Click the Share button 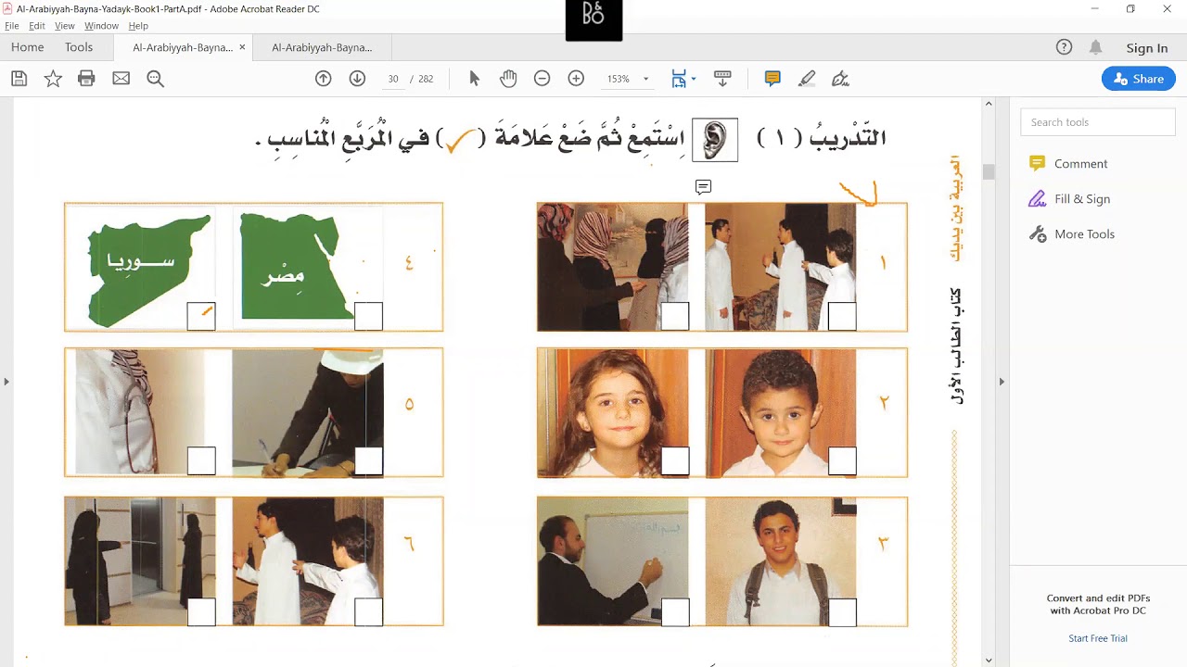tap(1139, 79)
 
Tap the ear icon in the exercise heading tap(715, 140)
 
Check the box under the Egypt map tap(368, 316)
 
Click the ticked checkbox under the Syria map tap(201, 316)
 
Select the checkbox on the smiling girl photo tap(675, 460)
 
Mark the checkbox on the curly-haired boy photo tap(842, 460)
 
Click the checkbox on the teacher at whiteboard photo tap(675, 611)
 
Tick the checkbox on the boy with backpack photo tap(842, 611)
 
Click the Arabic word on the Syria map tap(141, 261)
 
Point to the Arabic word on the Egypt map tap(284, 275)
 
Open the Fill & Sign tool tap(1081, 199)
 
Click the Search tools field tap(1098, 122)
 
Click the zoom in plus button tap(576, 79)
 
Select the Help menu tap(138, 26)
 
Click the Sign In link tap(1147, 48)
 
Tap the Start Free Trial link tap(1098, 638)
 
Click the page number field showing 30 tap(393, 79)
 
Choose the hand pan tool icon tap(508, 79)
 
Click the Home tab tap(28, 47)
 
